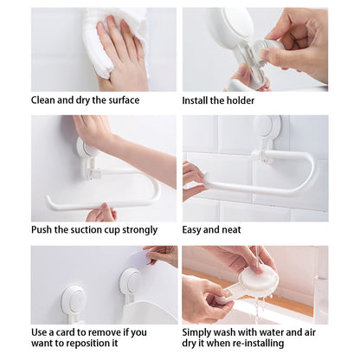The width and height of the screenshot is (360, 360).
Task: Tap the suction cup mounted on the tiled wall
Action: (x=267, y=127)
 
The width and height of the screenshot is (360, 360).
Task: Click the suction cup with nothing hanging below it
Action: (x=73, y=300)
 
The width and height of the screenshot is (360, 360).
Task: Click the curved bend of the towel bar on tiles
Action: (x=309, y=173)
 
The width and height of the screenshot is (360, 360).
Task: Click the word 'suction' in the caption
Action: (x=87, y=230)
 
